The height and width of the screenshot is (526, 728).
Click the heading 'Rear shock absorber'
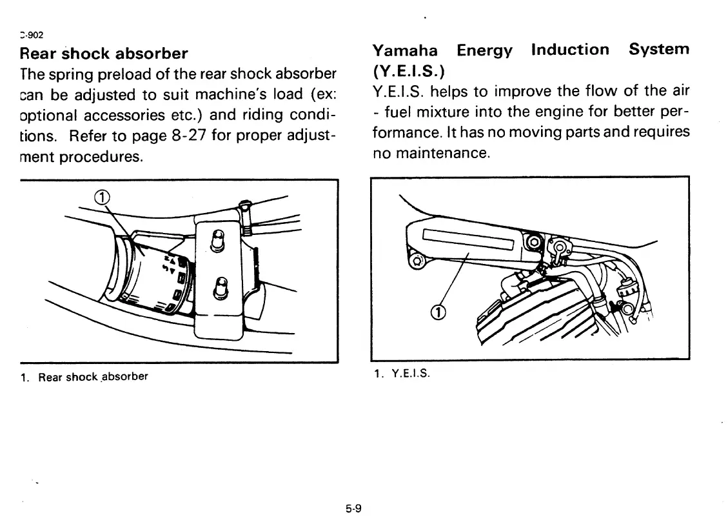(104, 53)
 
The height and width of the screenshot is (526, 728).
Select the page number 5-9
(353, 509)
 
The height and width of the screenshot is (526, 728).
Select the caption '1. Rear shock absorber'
(84, 376)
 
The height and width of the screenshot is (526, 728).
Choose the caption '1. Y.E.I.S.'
(402, 374)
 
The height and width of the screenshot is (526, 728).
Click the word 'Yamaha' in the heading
(405, 50)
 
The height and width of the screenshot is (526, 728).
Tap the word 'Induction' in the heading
(569, 50)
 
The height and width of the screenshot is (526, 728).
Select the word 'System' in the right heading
(659, 50)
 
